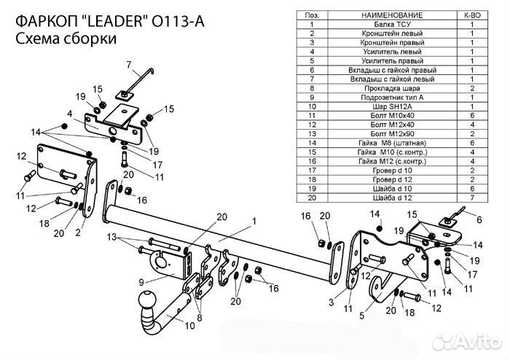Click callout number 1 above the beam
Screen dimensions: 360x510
254,220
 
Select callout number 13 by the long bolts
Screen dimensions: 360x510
113,237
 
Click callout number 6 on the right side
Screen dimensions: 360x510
479,219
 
